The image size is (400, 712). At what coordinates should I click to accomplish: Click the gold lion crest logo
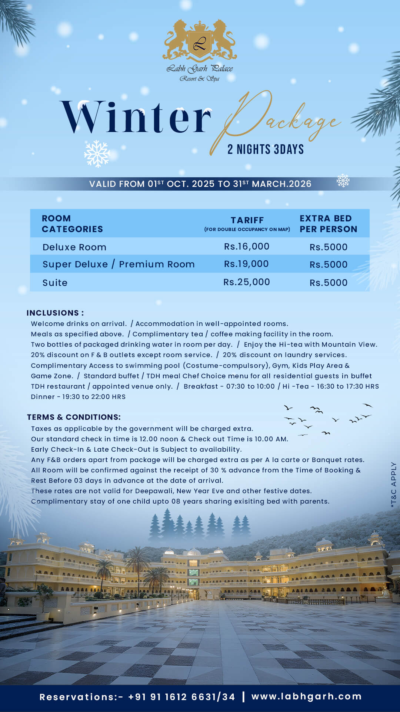[200, 41]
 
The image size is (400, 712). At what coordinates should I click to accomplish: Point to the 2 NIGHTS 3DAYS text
[266, 149]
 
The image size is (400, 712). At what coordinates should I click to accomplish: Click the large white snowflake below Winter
[97, 154]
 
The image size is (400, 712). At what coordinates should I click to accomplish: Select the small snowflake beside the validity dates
[343, 181]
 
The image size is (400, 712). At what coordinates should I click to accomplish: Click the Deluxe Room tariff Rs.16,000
[247, 247]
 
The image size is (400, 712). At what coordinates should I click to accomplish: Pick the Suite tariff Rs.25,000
[247, 282]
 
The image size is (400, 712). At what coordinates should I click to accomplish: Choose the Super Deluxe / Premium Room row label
[119, 264]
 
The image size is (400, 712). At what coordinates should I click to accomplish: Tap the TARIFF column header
[247, 220]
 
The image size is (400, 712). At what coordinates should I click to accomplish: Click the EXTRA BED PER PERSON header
[328, 224]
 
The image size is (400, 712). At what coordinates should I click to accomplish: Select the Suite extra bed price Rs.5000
[329, 283]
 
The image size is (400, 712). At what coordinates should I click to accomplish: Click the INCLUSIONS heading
[55, 313]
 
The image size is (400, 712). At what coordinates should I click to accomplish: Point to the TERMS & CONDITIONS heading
[74, 417]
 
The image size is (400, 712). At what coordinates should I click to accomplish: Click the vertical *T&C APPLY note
[393, 484]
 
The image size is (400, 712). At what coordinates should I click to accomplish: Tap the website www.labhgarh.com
[306, 696]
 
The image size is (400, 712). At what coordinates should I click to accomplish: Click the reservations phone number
[181, 697]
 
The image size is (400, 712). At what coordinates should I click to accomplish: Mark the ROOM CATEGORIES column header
[72, 224]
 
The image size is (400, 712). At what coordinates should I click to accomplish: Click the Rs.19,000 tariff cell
[247, 264]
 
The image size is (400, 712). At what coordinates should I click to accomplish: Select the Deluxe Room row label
[74, 247]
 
